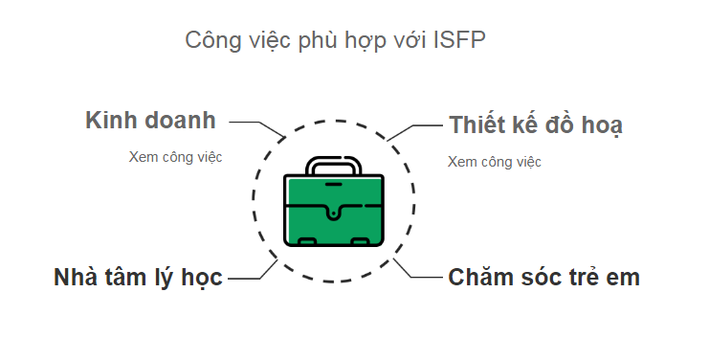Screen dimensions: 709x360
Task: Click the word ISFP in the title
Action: [x=460, y=40]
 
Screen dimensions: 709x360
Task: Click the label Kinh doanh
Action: [x=150, y=122]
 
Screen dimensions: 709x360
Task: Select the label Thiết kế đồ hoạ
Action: [x=535, y=125]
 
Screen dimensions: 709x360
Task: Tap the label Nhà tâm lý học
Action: [x=138, y=278]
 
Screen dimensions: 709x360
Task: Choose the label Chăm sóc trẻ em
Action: [x=543, y=278]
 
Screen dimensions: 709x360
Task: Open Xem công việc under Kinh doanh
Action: [x=176, y=157]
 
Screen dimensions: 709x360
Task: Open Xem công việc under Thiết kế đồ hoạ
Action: [x=495, y=162]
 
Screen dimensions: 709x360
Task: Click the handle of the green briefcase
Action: [x=333, y=164]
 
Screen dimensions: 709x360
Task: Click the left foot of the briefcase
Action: [x=308, y=241]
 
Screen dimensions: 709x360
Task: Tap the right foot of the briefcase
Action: [x=359, y=241]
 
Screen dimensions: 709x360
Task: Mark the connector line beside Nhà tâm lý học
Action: [x=251, y=276]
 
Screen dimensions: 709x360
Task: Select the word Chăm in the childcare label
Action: [x=478, y=278]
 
